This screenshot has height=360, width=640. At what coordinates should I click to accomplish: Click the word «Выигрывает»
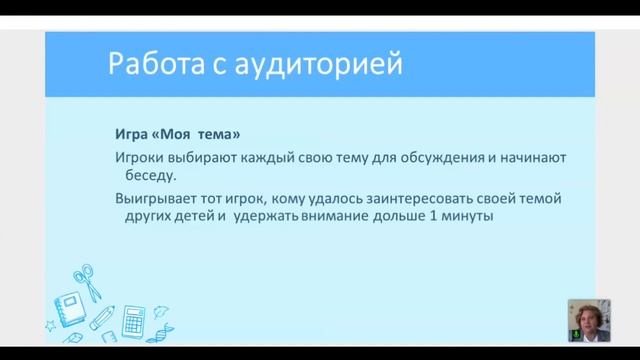coord(157,199)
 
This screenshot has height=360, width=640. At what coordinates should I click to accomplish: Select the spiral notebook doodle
coord(71,305)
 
